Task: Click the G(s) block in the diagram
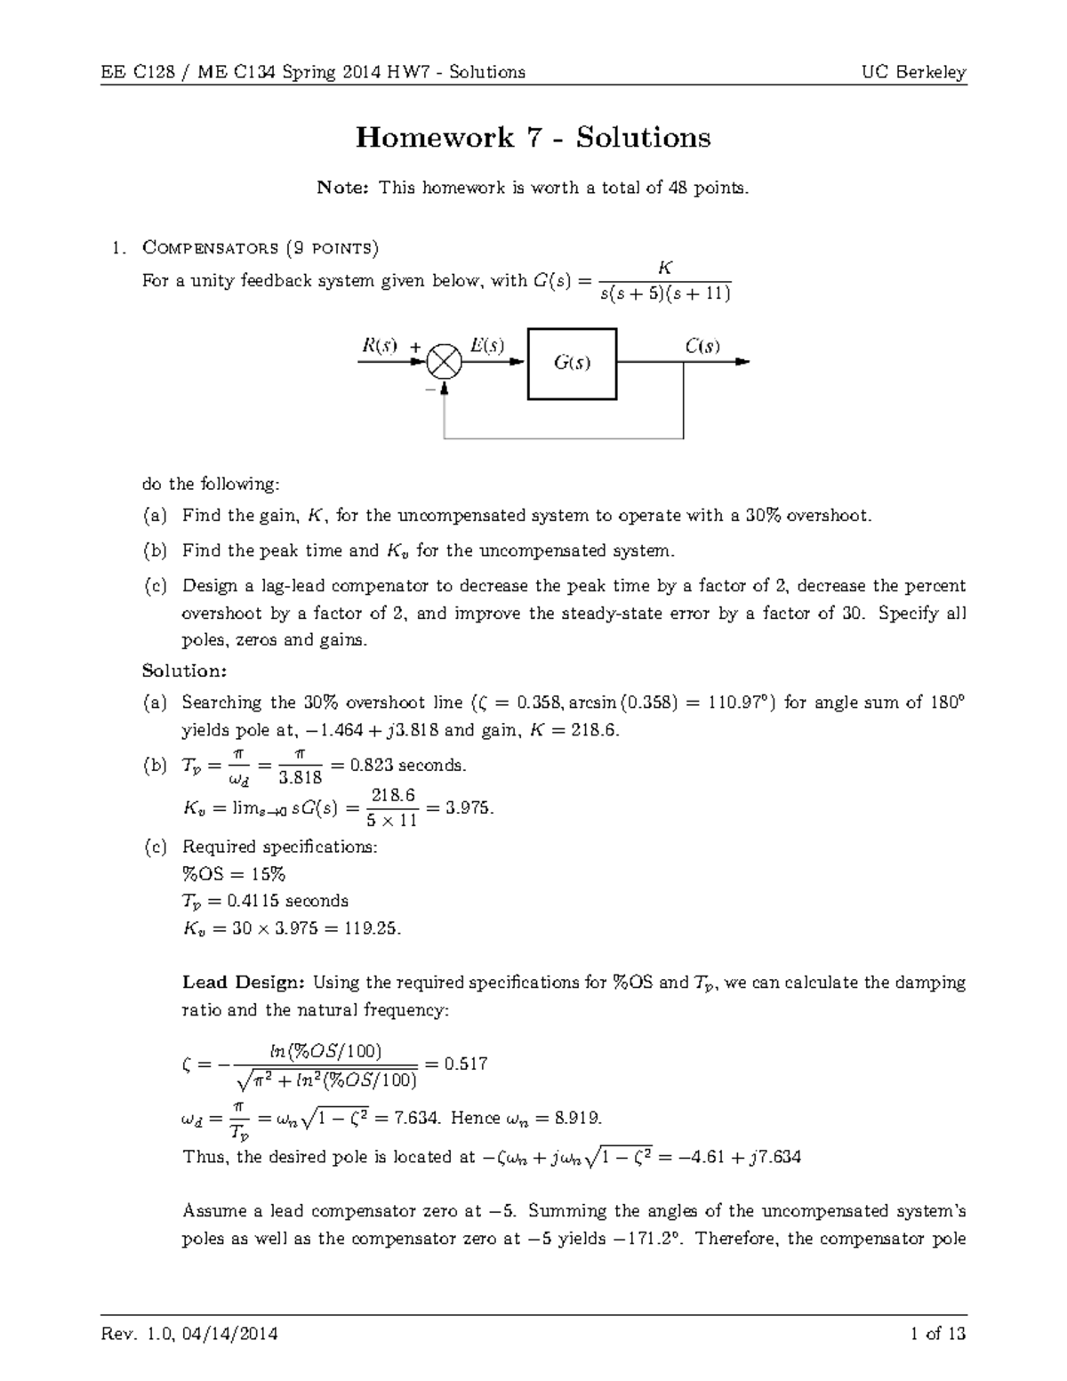point(573,364)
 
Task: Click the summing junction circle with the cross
point(443,362)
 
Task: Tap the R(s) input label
point(379,346)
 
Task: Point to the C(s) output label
point(702,346)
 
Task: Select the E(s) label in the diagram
point(486,346)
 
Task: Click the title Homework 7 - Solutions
point(533,138)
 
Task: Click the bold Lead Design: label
point(244,983)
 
